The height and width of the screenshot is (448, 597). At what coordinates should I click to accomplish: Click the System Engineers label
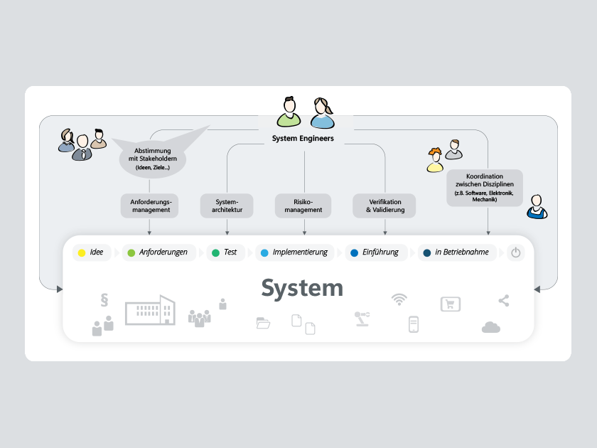pyautogui.click(x=303, y=139)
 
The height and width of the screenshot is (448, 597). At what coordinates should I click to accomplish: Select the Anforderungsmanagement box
pyautogui.click(x=150, y=206)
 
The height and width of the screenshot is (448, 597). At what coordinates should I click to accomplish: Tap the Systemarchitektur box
pyautogui.click(x=227, y=206)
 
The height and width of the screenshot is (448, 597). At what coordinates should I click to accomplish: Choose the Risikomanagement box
pyautogui.click(x=304, y=206)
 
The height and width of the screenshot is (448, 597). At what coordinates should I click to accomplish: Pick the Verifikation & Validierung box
pyautogui.click(x=384, y=206)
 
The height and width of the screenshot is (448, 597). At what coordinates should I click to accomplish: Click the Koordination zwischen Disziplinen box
pyautogui.click(x=485, y=188)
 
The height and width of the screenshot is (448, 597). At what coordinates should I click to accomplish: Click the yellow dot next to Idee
pyautogui.click(x=82, y=252)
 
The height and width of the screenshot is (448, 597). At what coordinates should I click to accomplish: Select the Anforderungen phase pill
pyautogui.click(x=157, y=252)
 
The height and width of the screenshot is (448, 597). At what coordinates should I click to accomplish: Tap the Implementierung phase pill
pyautogui.click(x=295, y=252)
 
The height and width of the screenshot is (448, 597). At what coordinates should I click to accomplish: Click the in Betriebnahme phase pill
pyautogui.click(x=456, y=252)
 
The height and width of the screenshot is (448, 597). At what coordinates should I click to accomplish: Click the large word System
pyautogui.click(x=302, y=288)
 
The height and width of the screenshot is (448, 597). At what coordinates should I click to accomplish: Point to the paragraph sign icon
pyautogui.click(x=104, y=299)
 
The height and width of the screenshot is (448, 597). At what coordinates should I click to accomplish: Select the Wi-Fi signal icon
pyautogui.click(x=399, y=299)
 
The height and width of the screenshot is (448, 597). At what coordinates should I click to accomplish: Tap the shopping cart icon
pyautogui.click(x=451, y=304)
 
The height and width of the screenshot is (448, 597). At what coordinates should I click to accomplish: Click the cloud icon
pyautogui.click(x=491, y=327)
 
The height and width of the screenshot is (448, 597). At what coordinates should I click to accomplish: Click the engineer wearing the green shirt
pyautogui.click(x=289, y=112)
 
